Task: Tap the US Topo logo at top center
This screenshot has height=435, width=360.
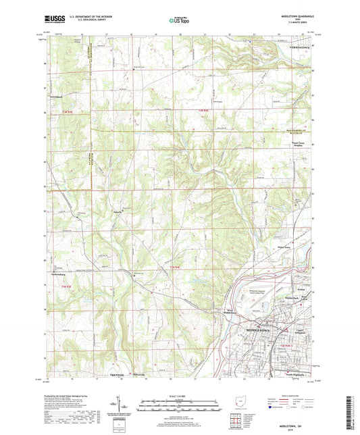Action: [x=179, y=20]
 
